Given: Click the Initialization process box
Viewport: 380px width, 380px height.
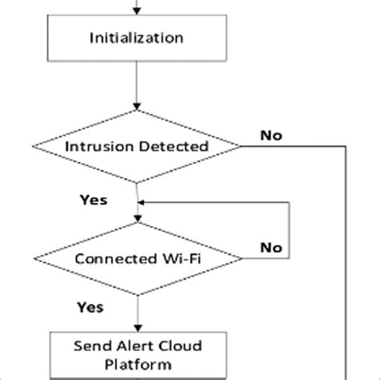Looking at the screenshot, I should (x=139, y=38).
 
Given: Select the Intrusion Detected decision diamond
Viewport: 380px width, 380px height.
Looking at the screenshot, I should (x=137, y=147).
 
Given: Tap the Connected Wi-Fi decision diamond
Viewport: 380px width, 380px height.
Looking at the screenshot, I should (x=137, y=259).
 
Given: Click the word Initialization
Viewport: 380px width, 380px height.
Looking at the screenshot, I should (x=139, y=38).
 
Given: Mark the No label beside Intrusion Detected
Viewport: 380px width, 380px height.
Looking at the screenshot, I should (x=271, y=135).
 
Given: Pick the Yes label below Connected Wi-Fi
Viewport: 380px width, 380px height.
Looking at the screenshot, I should (x=90, y=306).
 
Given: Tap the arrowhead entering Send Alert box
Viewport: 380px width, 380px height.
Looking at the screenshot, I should (x=139, y=330).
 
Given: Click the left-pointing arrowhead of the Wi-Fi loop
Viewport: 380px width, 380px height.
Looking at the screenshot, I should (x=144, y=204).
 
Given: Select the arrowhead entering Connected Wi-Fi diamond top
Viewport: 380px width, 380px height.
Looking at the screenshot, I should (x=139, y=219).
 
